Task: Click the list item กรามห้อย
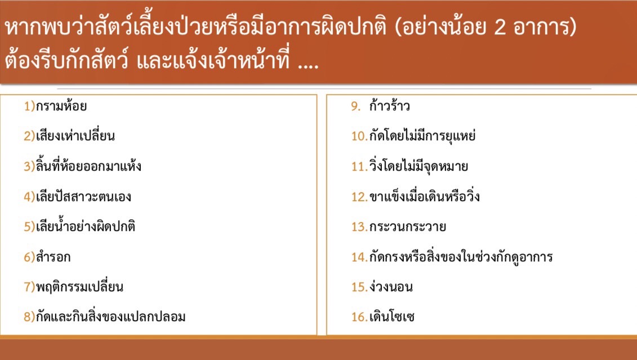[x=61, y=106]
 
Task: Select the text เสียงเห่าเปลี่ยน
[x=75, y=136]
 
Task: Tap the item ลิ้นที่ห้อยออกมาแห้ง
[x=88, y=166]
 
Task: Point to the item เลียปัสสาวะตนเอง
[x=83, y=197]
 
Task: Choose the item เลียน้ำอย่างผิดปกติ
[x=85, y=226]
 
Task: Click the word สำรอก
[x=53, y=257]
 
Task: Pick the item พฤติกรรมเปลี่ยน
[x=79, y=287]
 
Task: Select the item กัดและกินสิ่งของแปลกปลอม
[x=110, y=317]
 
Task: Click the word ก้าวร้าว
[x=389, y=106]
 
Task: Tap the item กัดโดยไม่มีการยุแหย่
[x=422, y=136]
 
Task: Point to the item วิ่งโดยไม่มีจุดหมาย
[x=418, y=166]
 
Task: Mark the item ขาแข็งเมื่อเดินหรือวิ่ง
[x=424, y=197]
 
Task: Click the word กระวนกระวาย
[x=407, y=226]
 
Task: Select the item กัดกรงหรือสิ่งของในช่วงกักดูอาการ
[x=461, y=257]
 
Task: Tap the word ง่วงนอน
[x=391, y=287]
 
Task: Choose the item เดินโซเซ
[x=391, y=317]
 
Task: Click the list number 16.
[x=359, y=317]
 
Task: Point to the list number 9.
[x=355, y=106]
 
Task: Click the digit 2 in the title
[x=500, y=28]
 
